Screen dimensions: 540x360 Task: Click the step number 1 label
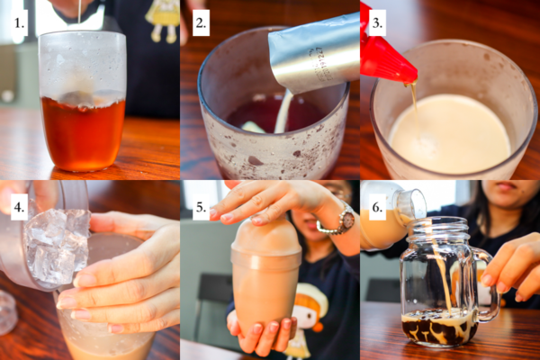[19, 23]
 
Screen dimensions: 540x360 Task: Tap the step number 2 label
[201, 23]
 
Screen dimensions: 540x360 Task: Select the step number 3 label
[377, 23]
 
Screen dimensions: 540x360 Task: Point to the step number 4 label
[19, 207]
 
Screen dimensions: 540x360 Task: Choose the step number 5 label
[201, 207]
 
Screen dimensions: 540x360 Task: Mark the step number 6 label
[377, 207]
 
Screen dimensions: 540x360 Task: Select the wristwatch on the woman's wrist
[339, 220]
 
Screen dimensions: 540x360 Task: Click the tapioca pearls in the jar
[439, 329]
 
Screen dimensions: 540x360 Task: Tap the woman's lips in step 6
[506, 186]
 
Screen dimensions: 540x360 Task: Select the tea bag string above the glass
[80, 12]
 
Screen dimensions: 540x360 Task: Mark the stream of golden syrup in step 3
[414, 103]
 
